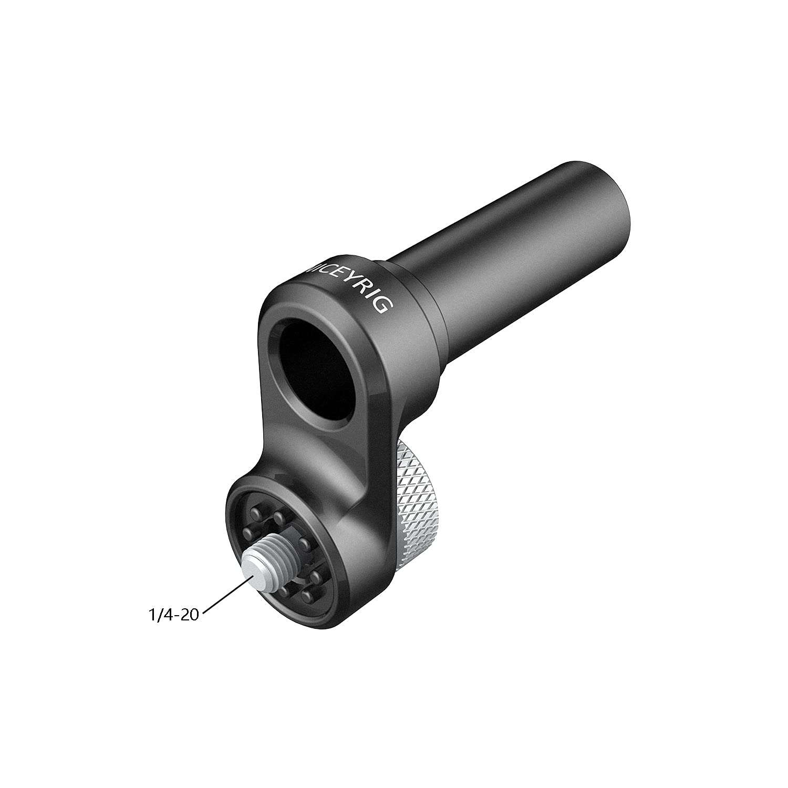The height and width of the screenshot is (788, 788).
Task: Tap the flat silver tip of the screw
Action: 257,573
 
